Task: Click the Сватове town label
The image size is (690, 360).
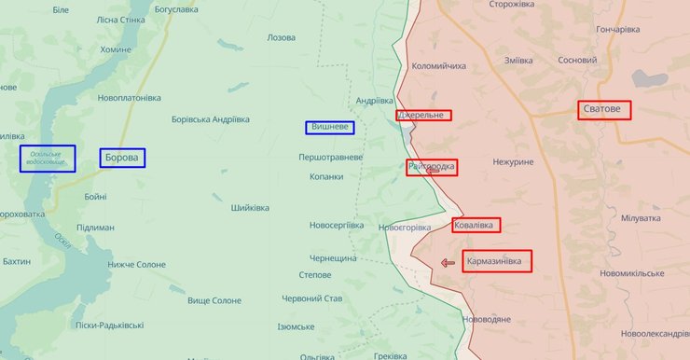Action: [x=604, y=109]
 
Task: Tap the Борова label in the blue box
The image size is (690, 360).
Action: [x=122, y=158]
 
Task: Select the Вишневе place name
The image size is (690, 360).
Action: [x=329, y=128]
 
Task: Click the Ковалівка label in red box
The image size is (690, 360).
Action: [x=476, y=225]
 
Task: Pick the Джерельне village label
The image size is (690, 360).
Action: [x=423, y=116]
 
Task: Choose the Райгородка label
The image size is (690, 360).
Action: [x=432, y=167]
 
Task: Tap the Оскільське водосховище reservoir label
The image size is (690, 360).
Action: [x=47, y=159]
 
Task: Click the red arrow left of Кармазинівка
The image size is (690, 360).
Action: [x=448, y=263]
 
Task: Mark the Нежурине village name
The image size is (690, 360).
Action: [x=513, y=162]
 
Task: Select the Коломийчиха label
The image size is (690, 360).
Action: [x=438, y=66]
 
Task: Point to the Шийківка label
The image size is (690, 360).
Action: [x=250, y=207]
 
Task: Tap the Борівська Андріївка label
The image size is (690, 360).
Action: [x=211, y=119]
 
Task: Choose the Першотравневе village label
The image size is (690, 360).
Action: [x=330, y=157]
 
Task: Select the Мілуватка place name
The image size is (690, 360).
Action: [x=641, y=218]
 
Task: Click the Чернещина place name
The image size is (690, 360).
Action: [x=333, y=257]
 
